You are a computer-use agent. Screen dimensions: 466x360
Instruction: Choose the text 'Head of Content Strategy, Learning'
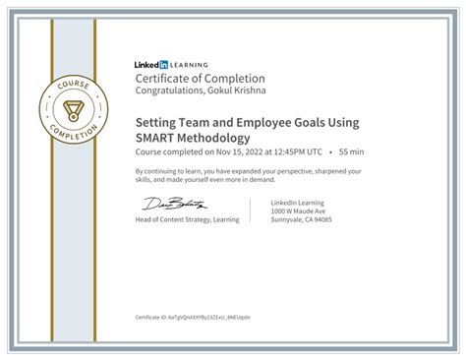188,219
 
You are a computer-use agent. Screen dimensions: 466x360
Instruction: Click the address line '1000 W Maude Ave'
296,211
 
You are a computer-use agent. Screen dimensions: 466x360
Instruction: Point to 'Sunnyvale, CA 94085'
301,220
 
